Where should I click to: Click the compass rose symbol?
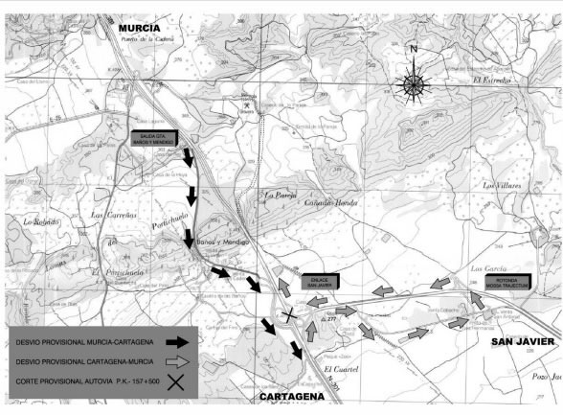413,83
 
